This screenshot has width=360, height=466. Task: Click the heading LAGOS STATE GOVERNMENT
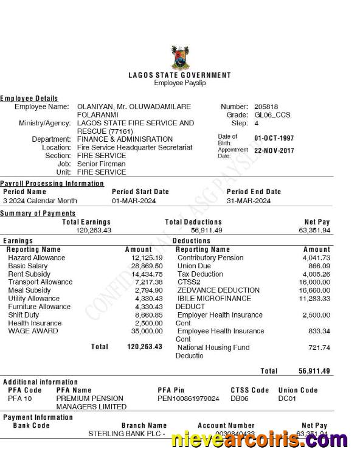click(x=180, y=75)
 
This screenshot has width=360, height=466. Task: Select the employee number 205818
click(x=265, y=106)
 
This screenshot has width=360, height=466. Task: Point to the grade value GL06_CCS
click(x=272, y=114)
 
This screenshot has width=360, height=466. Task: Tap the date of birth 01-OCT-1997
click(x=274, y=138)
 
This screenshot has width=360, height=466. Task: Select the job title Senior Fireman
click(x=101, y=164)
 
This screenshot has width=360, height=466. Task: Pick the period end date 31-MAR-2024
click(x=249, y=201)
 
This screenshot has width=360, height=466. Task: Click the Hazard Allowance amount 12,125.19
click(x=147, y=258)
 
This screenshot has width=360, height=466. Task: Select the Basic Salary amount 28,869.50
click(x=147, y=266)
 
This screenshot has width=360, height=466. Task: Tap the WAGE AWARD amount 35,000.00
click(x=147, y=331)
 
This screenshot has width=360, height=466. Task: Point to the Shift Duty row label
click(x=24, y=315)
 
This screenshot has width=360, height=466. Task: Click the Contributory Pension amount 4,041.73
click(x=316, y=258)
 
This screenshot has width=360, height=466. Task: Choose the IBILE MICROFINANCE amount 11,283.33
click(x=314, y=299)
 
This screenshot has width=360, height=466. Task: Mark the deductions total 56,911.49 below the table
click(x=314, y=371)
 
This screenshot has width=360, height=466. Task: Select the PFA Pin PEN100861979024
click(x=189, y=398)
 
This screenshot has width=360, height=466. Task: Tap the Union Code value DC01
click(x=286, y=398)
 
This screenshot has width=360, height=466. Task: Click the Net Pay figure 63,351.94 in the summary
click(x=314, y=231)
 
